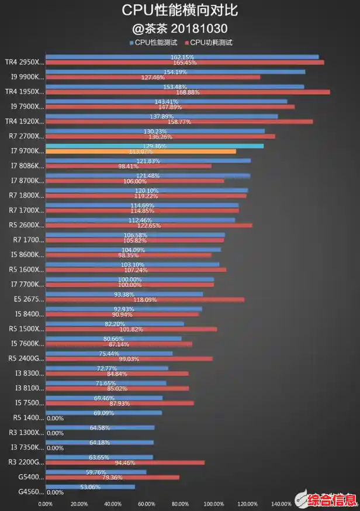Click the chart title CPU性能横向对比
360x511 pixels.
(x=179, y=11)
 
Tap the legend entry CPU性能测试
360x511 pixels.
(x=154, y=43)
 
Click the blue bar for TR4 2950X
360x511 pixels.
(x=182, y=57)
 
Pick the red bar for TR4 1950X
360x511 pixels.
(x=188, y=92)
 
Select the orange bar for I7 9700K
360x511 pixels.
(x=141, y=151)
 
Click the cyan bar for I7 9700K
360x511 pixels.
(x=154, y=146)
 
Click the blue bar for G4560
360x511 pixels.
(x=90, y=486)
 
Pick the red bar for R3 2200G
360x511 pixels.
(x=125, y=462)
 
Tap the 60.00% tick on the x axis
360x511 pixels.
(x=147, y=504)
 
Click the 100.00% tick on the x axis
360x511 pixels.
(x=214, y=504)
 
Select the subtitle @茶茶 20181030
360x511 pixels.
(x=179, y=28)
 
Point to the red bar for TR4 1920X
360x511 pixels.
(x=179, y=122)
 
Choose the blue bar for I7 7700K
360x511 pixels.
(x=130, y=279)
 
